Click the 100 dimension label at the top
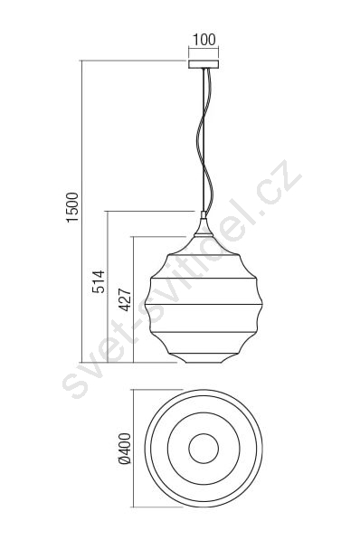coord(204,39)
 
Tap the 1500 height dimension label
coord(72,207)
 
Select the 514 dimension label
coord(99,281)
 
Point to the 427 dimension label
coord(125,300)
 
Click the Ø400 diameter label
coord(125,449)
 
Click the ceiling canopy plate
coord(204,64)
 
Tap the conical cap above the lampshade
coord(204,227)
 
